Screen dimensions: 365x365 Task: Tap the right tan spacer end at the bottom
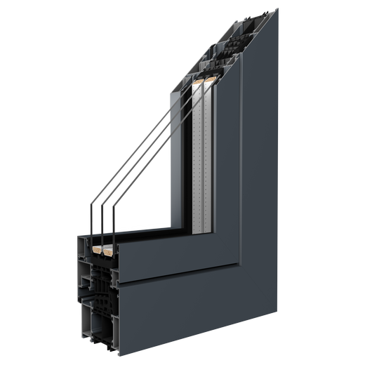click(108, 248)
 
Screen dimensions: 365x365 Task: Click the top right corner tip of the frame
click(277, 9)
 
